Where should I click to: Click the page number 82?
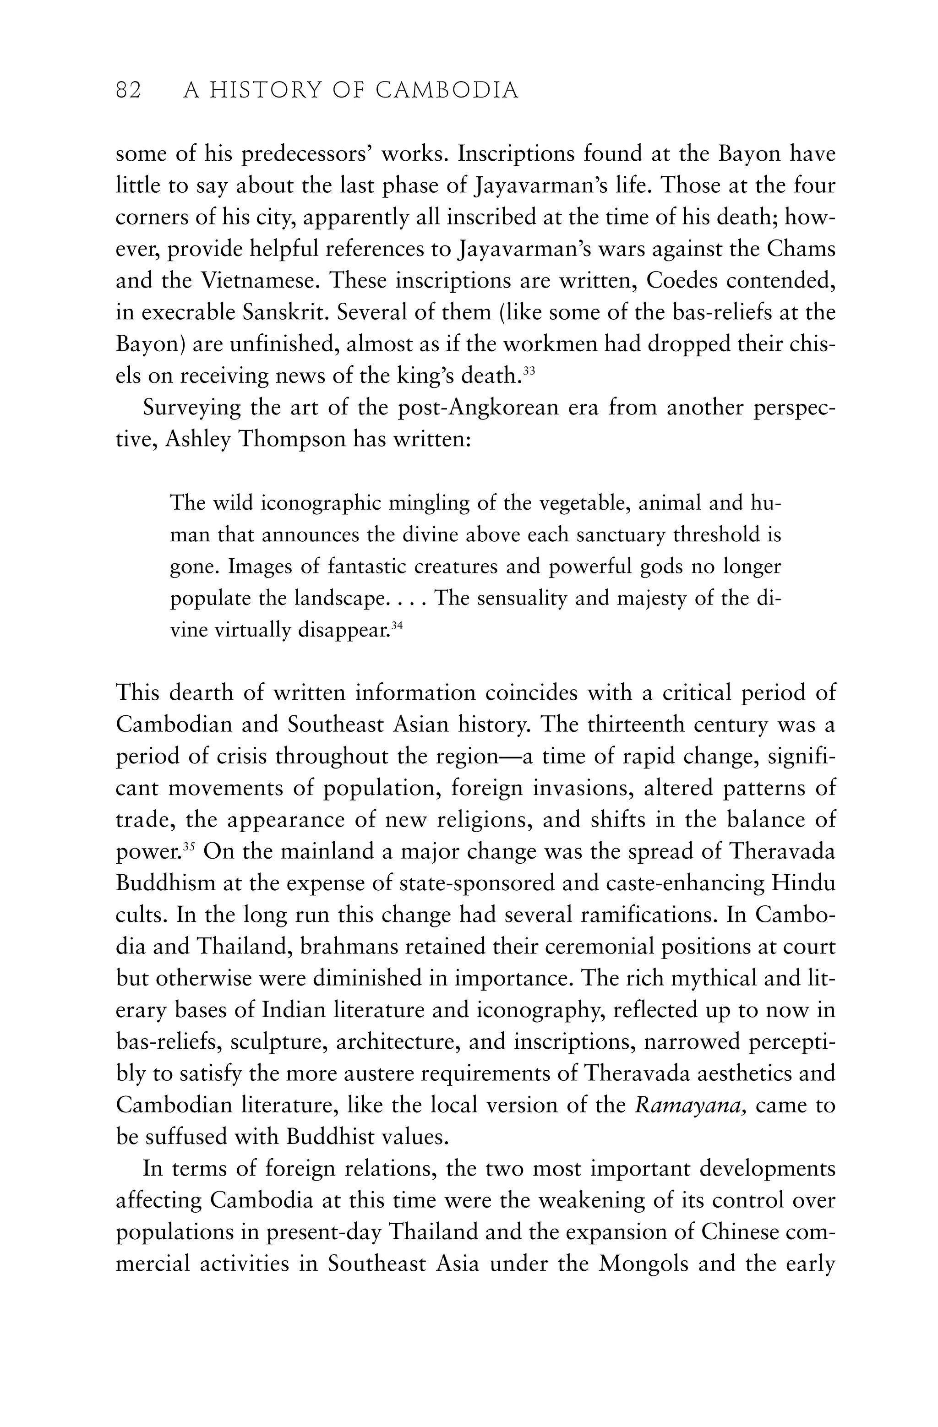(x=128, y=91)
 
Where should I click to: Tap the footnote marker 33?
(x=529, y=370)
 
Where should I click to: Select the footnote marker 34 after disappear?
(x=396, y=626)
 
